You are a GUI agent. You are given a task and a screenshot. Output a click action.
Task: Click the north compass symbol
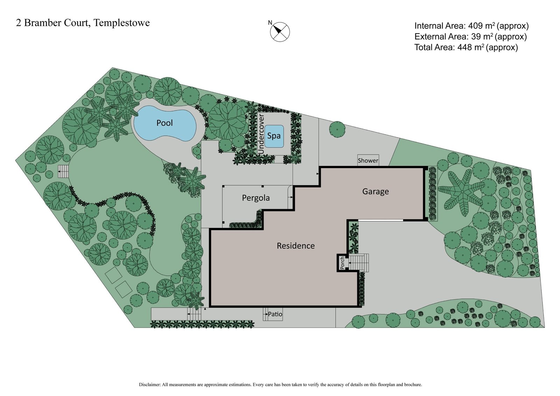(x=280, y=32)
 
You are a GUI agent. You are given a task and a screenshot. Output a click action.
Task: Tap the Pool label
(x=164, y=123)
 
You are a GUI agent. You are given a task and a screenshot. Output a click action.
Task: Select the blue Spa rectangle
(x=274, y=136)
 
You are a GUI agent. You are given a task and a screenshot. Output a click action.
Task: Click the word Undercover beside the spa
(x=261, y=133)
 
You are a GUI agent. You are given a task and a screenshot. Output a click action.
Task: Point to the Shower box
(x=368, y=160)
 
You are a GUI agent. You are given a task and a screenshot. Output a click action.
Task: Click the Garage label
(x=375, y=192)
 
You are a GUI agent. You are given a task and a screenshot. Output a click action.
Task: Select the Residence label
(x=295, y=246)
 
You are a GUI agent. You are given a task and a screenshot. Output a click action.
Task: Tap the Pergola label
(x=256, y=198)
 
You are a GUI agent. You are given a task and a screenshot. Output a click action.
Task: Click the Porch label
(x=342, y=263)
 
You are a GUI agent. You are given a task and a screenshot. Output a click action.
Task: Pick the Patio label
(x=275, y=314)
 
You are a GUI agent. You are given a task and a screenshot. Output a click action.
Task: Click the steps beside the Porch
(x=359, y=263)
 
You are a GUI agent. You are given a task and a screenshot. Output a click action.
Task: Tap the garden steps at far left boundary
(x=64, y=172)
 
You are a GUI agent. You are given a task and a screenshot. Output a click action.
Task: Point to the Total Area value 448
(x=464, y=47)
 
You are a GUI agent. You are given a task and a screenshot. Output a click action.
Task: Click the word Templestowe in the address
(x=122, y=23)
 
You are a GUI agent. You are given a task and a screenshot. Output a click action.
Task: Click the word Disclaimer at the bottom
(x=150, y=384)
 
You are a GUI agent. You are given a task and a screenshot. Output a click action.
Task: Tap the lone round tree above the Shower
(x=337, y=129)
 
